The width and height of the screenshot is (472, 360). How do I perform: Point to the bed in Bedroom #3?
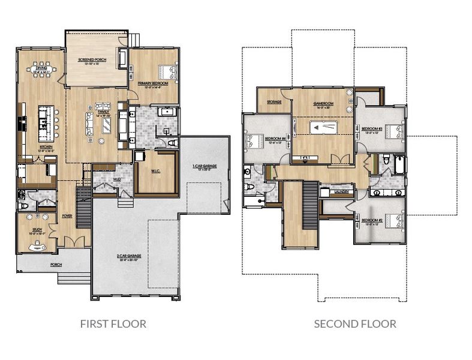click(393, 130)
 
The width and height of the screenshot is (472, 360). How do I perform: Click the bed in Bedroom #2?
click(393, 221)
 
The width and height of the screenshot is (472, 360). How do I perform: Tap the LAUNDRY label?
click(344, 193)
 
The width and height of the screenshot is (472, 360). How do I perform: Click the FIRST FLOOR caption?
click(113, 324)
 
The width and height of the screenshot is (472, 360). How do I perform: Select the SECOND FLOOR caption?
click(355, 324)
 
